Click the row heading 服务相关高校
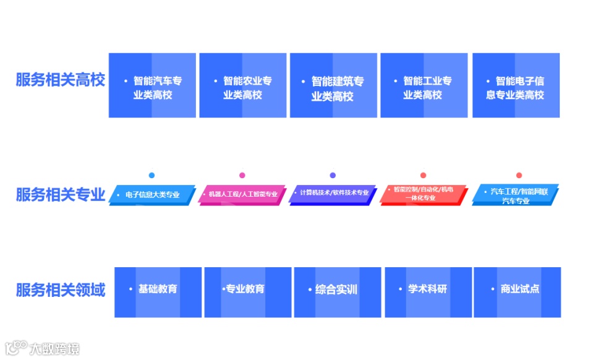[61, 80]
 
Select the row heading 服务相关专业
[61, 194]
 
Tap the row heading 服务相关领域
[61, 289]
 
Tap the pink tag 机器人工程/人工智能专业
[242, 194]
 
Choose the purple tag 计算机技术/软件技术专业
[333, 193]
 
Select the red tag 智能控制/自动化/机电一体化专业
[424, 194]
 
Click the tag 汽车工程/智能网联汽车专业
[515, 195]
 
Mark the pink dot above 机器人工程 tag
[242, 175]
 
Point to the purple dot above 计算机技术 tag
[333, 175]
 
